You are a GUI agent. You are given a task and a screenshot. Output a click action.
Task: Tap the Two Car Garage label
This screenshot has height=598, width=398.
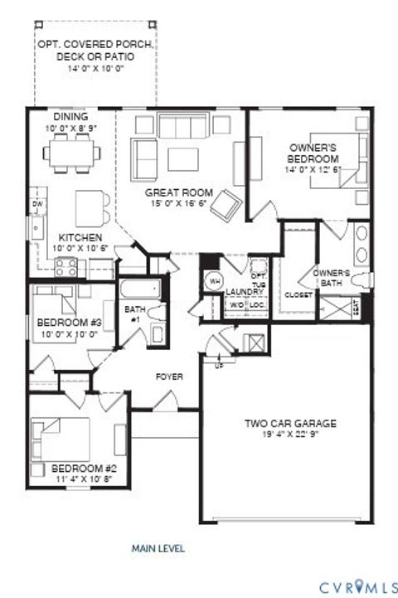coord(289,424)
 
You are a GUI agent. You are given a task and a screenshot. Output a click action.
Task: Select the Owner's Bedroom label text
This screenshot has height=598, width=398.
coord(313,153)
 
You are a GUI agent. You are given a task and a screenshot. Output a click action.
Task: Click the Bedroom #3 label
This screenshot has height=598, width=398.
coord(70,323)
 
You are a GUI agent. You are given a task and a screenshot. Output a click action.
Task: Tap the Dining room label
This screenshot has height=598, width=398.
coord(70,117)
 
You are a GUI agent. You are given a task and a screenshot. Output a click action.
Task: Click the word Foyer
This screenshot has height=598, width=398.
coord(169,377)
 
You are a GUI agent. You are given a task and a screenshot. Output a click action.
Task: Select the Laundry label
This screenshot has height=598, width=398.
coord(244,292)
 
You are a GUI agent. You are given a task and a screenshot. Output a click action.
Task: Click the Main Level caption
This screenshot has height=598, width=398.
coord(158,548)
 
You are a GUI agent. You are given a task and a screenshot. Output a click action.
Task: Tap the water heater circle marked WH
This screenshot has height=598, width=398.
coord(213,280)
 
